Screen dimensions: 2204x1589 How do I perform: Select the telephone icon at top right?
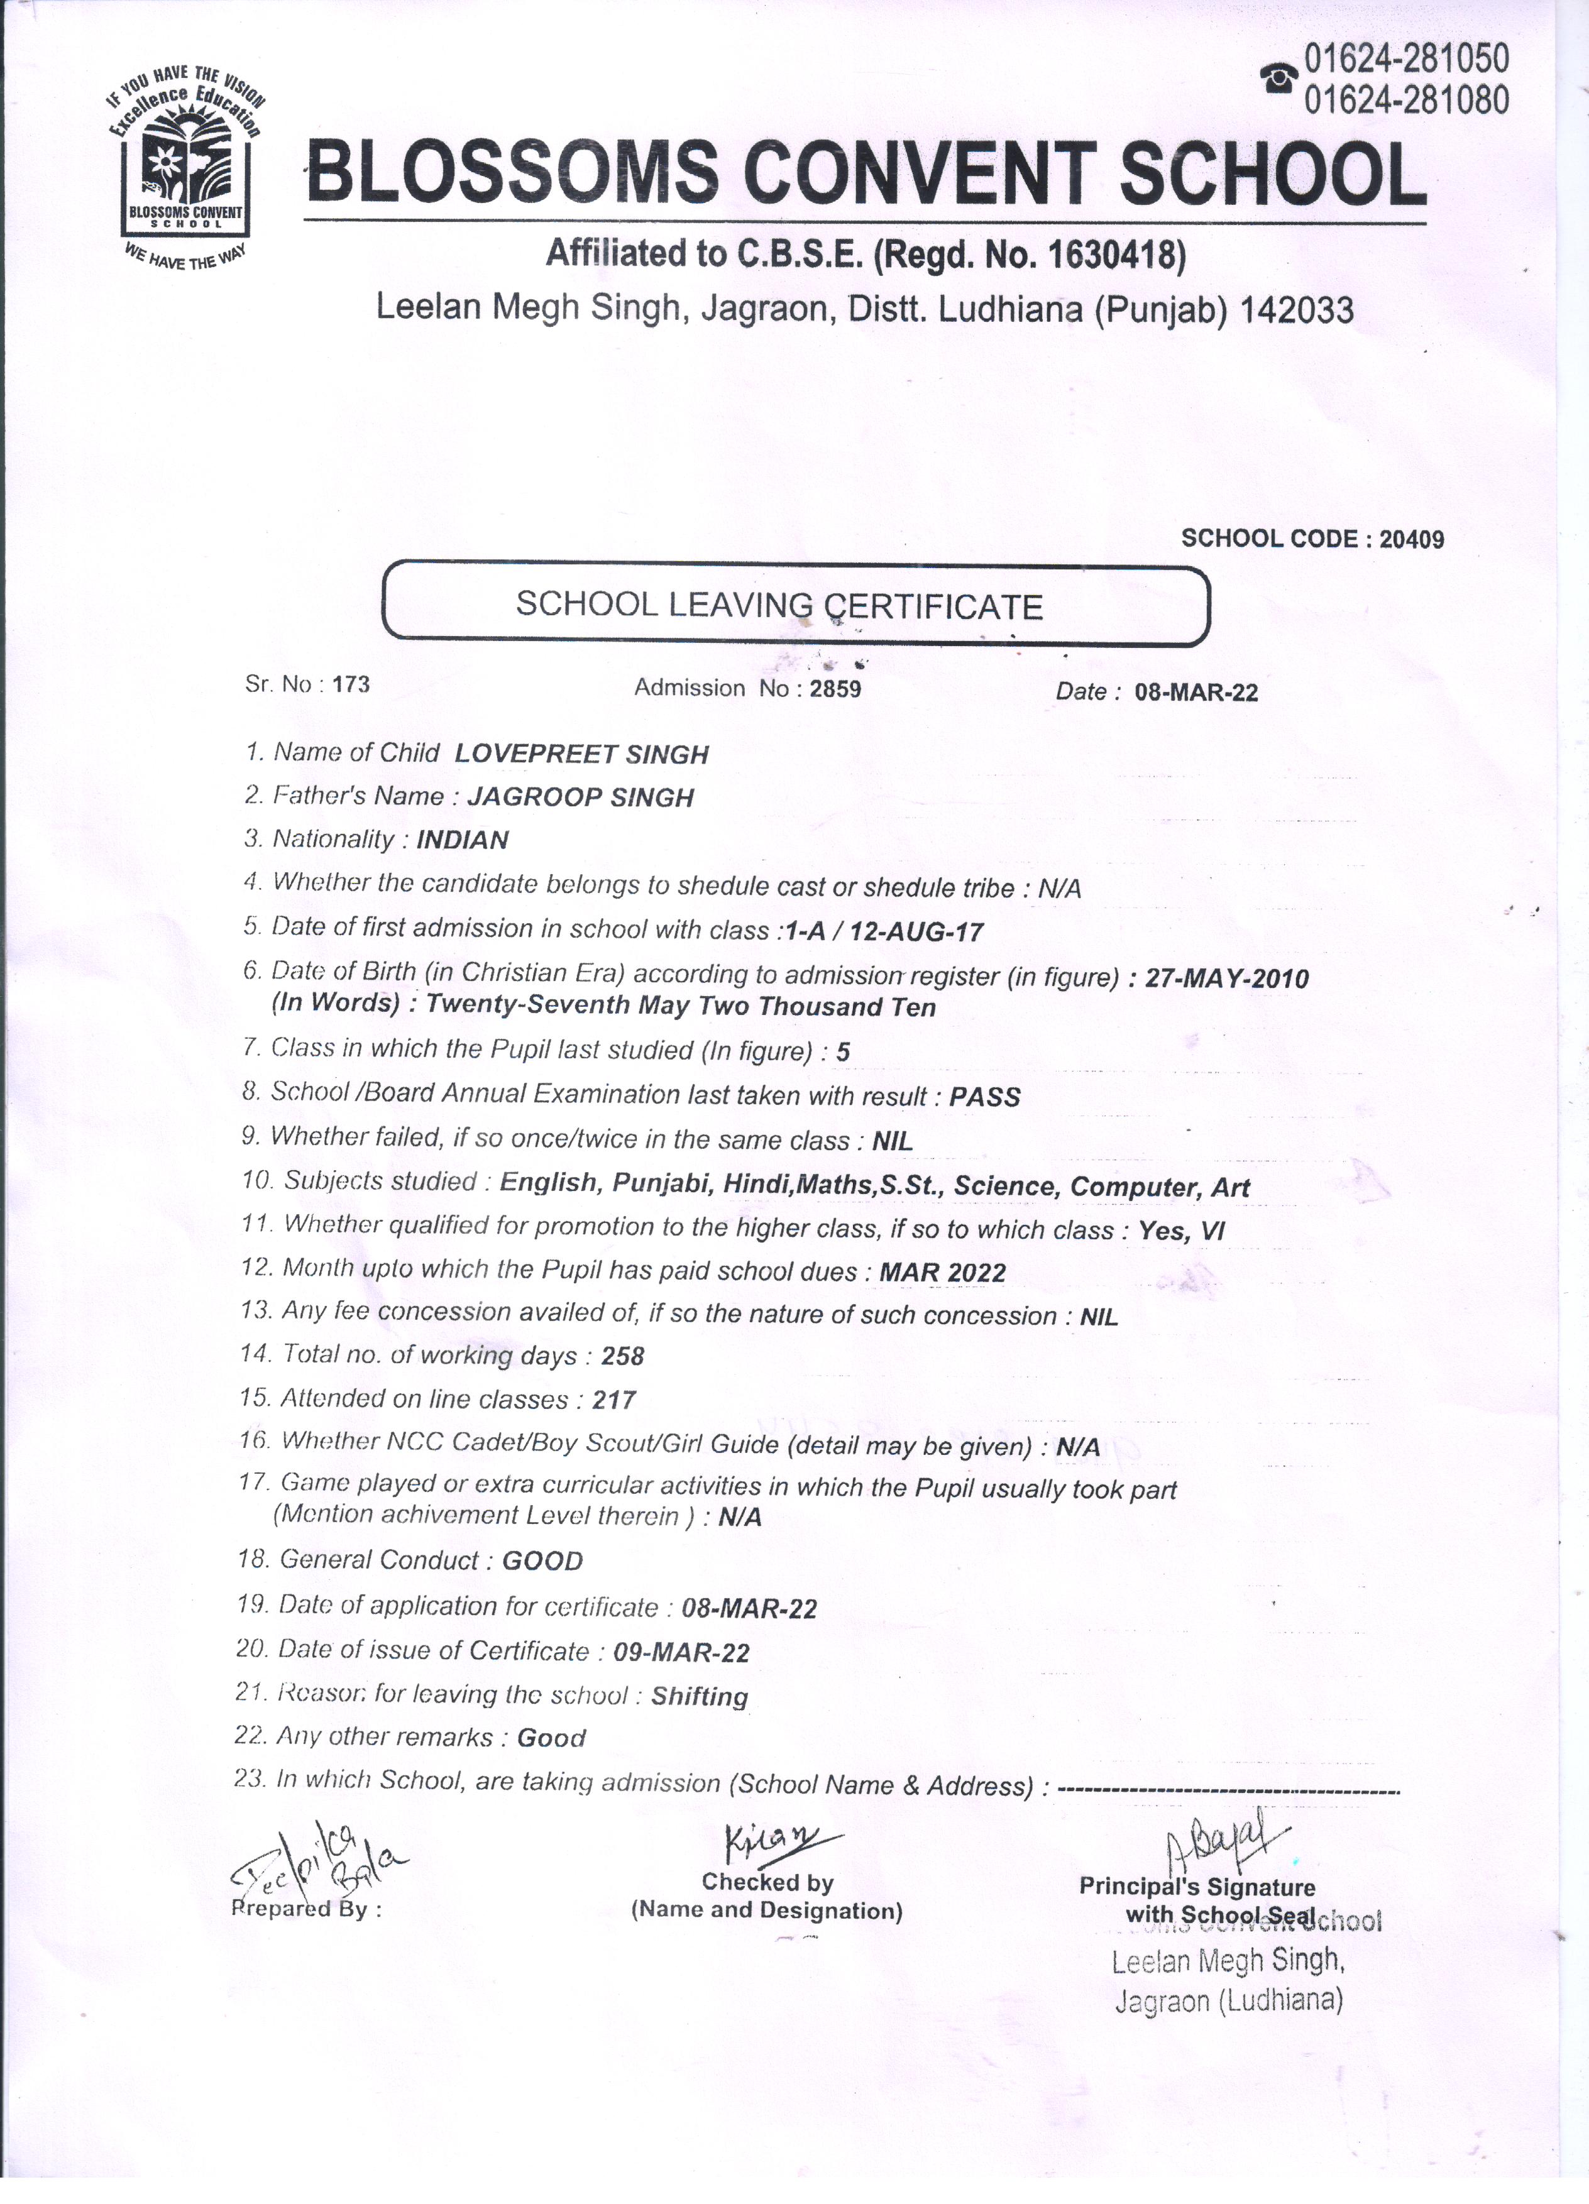click(x=1279, y=77)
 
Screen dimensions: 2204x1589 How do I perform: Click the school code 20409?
click(x=1412, y=539)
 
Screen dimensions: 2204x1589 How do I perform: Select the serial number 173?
click(x=351, y=684)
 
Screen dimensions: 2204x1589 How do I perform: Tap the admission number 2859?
click(x=835, y=689)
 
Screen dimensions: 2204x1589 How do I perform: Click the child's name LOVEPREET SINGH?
click(x=581, y=754)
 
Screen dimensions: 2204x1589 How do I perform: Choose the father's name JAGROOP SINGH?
click(x=580, y=798)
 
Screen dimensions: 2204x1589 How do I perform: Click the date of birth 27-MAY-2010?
click(x=1226, y=978)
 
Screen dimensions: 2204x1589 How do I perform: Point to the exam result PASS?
click(x=984, y=1097)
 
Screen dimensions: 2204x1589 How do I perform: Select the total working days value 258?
click(x=623, y=1357)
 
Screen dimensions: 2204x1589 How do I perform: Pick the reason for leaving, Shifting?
click(x=699, y=1697)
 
